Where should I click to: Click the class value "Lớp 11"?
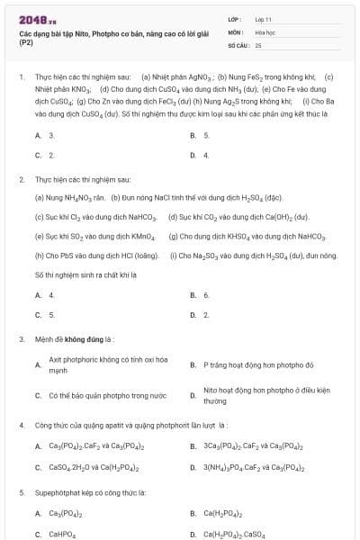264,18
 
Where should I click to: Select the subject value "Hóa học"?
265,31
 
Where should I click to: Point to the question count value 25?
258,43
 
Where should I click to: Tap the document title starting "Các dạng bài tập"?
89,37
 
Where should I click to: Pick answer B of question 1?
206,135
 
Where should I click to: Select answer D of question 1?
206,155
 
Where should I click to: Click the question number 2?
22,180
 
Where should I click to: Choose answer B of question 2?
206,294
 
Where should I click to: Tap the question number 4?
22,424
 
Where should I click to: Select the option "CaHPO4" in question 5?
62,535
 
